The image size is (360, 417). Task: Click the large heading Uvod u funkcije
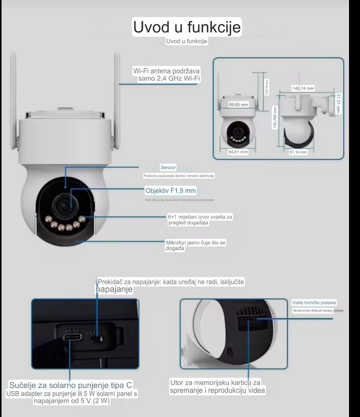[187, 27]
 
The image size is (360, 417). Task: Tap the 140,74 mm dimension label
[303, 88]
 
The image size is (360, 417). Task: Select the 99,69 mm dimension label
[238, 104]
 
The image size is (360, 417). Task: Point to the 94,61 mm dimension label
[238, 152]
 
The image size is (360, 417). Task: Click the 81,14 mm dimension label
[298, 152]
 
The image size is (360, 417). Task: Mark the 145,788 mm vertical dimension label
[275, 118]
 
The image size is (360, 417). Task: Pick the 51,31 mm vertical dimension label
[338, 103]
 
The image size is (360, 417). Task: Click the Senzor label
[168, 167]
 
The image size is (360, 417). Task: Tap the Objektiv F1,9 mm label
[171, 191]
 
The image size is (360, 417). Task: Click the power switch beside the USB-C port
[97, 339]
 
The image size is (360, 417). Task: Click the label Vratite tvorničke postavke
[314, 303]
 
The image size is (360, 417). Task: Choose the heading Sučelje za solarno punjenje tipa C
[71, 385]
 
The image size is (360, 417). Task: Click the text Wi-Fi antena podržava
[166, 71]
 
